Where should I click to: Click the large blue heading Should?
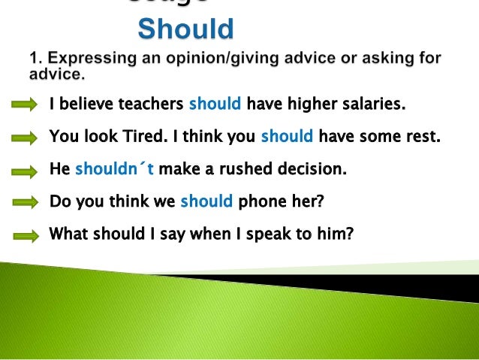tap(186, 29)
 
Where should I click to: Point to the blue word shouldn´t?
tap(114, 169)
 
